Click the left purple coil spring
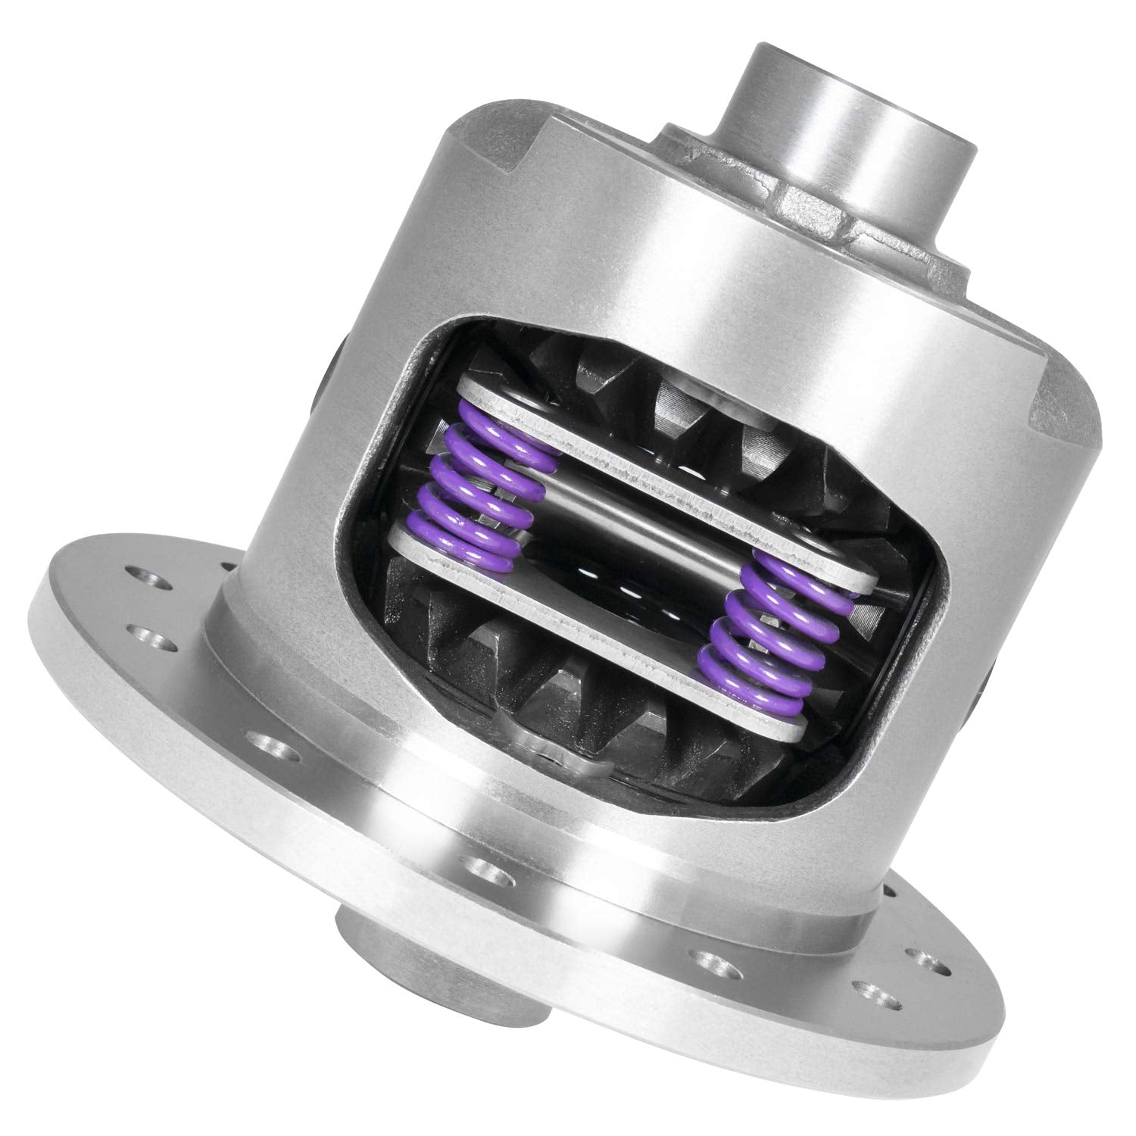[x=485, y=492]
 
